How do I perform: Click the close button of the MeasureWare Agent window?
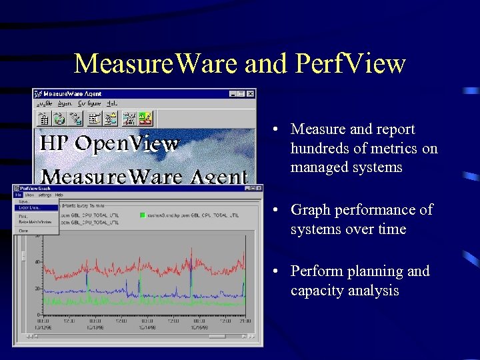pyautogui.click(x=250, y=94)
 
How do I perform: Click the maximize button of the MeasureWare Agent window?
pyautogui.click(x=241, y=94)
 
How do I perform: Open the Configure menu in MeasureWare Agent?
pyautogui.click(x=89, y=104)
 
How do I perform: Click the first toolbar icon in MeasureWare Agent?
pyautogui.click(x=43, y=119)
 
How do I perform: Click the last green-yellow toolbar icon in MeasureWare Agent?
pyautogui.click(x=145, y=119)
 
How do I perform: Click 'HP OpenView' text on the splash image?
pyautogui.click(x=109, y=143)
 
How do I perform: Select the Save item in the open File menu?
pyautogui.click(x=24, y=201)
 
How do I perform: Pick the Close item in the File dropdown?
pyautogui.click(x=24, y=230)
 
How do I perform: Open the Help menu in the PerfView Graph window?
pyautogui.click(x=59, y=195)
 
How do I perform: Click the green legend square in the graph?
pyautogui.click(x=142, y=215)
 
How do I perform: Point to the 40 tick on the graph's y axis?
pyautogui.click(x=37, y=262)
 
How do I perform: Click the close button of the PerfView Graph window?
pyautogui.click(x=258, y=189)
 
